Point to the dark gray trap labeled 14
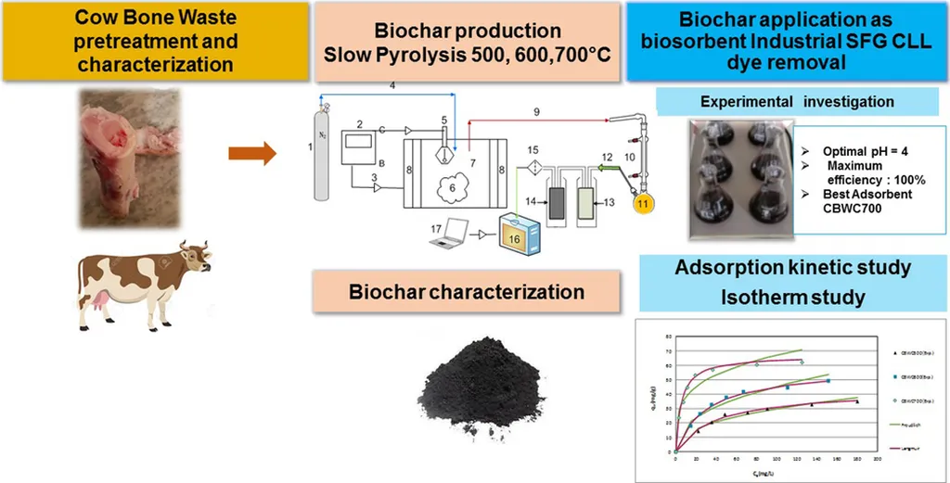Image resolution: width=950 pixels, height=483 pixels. click(558, 203)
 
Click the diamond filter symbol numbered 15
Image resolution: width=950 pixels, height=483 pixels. click(533, 169)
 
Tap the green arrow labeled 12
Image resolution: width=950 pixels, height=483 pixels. click(608, 170)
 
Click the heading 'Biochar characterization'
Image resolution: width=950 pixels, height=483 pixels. click(467, 292)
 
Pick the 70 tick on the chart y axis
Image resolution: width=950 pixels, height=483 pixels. click(667, 351)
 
